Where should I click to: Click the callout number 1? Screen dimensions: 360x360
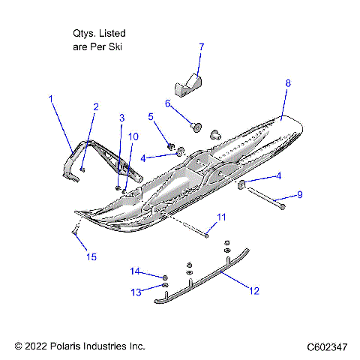point(51,98)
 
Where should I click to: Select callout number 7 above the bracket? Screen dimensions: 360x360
point(201,47)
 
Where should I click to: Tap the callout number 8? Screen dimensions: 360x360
point(288,84)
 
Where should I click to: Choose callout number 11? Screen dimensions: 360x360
point(220,217)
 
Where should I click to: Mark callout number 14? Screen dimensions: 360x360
point(136,271)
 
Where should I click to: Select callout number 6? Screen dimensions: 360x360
point(168,103)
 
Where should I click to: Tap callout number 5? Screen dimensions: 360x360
point(151,116)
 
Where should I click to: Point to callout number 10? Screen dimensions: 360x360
point(133,136)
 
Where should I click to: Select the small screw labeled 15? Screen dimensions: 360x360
point(76,232)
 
